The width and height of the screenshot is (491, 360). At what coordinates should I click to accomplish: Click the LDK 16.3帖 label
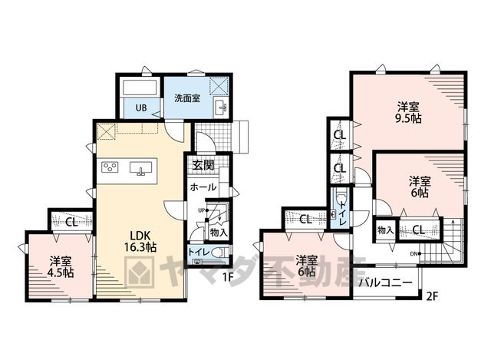140,241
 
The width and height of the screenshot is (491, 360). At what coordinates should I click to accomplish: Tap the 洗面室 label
187,98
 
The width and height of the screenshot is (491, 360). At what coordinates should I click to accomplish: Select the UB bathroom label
141,108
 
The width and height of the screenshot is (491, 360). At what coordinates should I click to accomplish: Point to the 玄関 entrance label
203,165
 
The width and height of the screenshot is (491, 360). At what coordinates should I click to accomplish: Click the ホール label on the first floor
203,187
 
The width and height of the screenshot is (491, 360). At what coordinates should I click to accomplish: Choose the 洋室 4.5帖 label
61,267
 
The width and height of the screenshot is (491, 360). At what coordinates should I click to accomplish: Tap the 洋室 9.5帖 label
408,113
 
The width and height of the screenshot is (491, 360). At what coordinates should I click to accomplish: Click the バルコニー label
385,283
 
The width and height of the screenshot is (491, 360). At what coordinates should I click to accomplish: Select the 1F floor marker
229,277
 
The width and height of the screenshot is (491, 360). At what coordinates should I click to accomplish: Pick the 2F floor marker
431,296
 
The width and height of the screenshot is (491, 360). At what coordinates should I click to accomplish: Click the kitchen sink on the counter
141,168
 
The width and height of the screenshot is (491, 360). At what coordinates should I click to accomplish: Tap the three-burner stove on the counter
110,167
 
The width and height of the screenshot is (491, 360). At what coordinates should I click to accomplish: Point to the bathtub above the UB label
140,87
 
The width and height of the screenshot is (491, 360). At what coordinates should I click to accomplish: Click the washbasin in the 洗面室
221,107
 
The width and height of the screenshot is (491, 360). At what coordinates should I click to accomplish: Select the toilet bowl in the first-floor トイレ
221,253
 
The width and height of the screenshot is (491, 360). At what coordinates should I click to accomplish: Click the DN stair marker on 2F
416,254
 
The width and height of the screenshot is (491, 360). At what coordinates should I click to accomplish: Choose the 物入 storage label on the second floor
385,230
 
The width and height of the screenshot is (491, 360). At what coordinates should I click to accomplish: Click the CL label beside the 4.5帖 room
71,223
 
